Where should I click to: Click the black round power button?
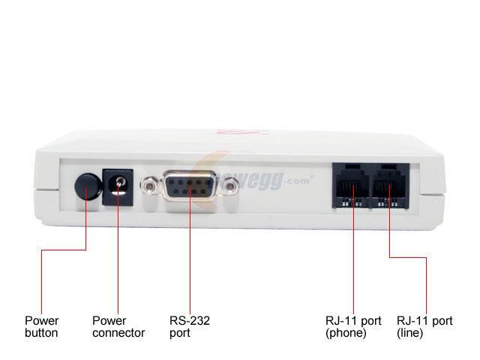coord(88,185)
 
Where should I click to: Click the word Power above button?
coord(41,321)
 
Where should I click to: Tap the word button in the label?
coord(41,332)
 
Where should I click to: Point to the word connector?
coord(118,332)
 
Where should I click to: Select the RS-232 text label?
coord(190,321)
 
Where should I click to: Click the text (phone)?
coord(346,332)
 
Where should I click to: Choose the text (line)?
coord(411,332)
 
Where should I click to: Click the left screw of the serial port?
coord(149,184)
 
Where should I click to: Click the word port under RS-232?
coord(179,332)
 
